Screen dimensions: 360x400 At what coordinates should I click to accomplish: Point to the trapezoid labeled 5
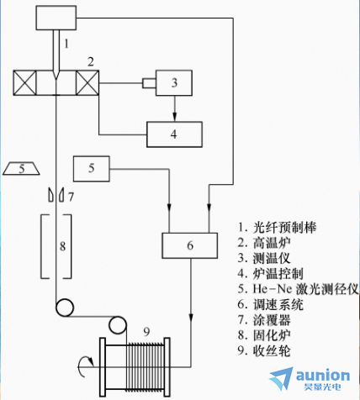pyautogui.click(x=21, y=168)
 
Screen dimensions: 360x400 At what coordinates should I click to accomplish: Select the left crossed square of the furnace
pyautogui.click(x=25, y=83)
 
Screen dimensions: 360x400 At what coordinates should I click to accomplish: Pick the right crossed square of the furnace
pyautogui.click(x=87, y=83)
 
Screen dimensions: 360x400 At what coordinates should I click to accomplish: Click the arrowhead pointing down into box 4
pyautogui.click(x=175, y=117)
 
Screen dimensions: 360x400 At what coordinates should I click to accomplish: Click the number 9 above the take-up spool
pyautogui.click(x=146, y=332)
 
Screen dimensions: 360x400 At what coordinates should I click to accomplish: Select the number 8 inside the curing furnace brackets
pyautogui.click(x=62, y=246)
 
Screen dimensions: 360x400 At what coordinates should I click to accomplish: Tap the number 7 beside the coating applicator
pyautogui.click(x=71, y=197)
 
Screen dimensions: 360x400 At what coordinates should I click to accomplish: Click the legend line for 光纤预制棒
pyautogui.click(x=277, y=228)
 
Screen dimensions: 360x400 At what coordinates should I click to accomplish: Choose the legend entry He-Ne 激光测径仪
pyautogui.click(x=299, y=289)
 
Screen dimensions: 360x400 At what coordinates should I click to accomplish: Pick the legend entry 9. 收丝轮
pyautogui.click(x=264, y=350)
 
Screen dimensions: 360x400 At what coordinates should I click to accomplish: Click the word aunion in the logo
pyautogui.click(x=323, y=376)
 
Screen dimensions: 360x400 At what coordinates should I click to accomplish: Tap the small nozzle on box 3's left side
pyautogui.click(x=149, y=83)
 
